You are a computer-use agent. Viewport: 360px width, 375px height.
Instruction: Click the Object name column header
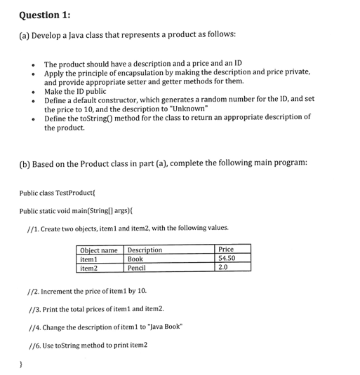[99, 250]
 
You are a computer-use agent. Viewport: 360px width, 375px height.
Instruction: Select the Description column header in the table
[145, 250]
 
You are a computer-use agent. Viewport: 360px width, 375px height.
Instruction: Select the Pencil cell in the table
[138, 268]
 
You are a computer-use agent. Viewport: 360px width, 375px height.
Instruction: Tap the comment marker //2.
[32, 290]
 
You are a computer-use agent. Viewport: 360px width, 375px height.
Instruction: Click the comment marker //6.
[32, 346]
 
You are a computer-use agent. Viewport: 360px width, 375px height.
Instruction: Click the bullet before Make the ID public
[32, 90]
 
